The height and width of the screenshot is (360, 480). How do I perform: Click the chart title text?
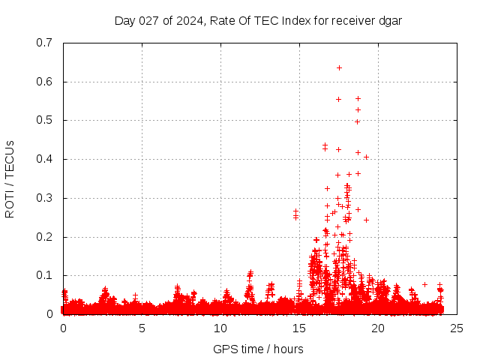[x=258, y=20]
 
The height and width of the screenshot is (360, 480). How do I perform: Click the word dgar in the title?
[x=389, y=20]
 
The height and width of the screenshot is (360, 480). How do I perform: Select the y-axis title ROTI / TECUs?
[x=10, y=178]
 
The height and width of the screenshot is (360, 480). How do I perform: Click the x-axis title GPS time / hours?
[x=258, y=349]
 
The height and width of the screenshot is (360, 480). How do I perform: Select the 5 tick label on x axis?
[x=142, y=328]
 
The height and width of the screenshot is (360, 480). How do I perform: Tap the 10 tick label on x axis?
[x=220, y=328]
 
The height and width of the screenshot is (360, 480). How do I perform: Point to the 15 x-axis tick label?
[x=299, y=328]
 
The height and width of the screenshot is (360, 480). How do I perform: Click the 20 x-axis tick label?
[x=378, y=328]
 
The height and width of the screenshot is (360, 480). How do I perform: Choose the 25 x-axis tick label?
[x=457, y=328]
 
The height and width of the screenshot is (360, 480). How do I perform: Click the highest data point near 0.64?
[x=339, y=67]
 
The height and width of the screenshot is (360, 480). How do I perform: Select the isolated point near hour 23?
[x=424, y=284]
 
